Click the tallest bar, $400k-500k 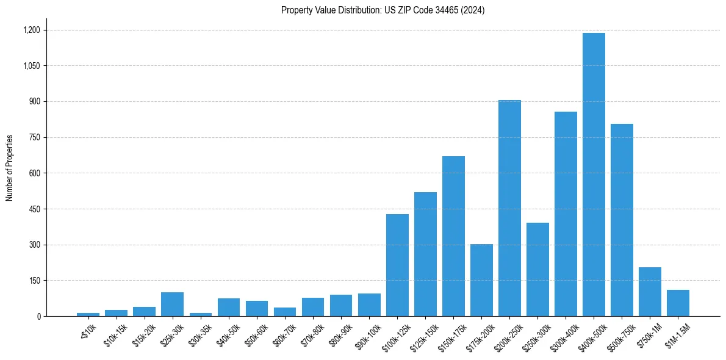pyautogui.click(x=594, y=175)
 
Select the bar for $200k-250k pyautogui.click(x=509, y=208)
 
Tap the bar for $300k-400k pyautogui.click(x=566, y=214)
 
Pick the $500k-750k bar pyautogui.click(x=622, y=220)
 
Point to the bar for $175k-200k pyautogui.click(x=481, y=280)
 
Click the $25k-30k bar pyautogui.click(x=173, y=304)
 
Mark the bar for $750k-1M pyautogui.click(x=650, y=292)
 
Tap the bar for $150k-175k pyautogui.click(x=453, y=236)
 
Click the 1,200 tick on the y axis pyautogui.click(x=31, y=30)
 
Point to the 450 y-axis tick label pyautogui.click(x=34, y=209)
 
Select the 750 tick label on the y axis pyautogui.click(x=34, y=137)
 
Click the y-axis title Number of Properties pyautogui.click(x=9, y=168)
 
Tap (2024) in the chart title pyautogui.click(x=473, y=10)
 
